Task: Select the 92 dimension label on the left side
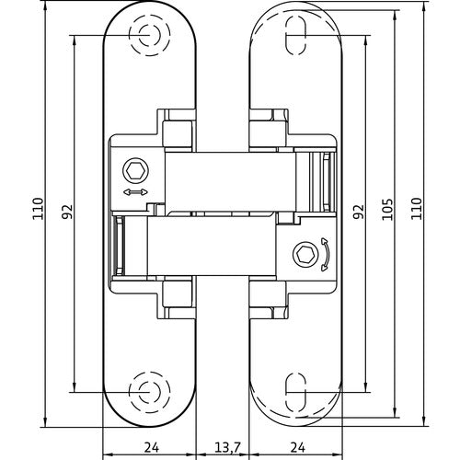pyautogui.click(x=66, y=212)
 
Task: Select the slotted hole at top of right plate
pyautogui.click(x=295, y=35)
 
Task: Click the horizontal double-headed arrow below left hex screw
pyautogui.click(x=133, y=191)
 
